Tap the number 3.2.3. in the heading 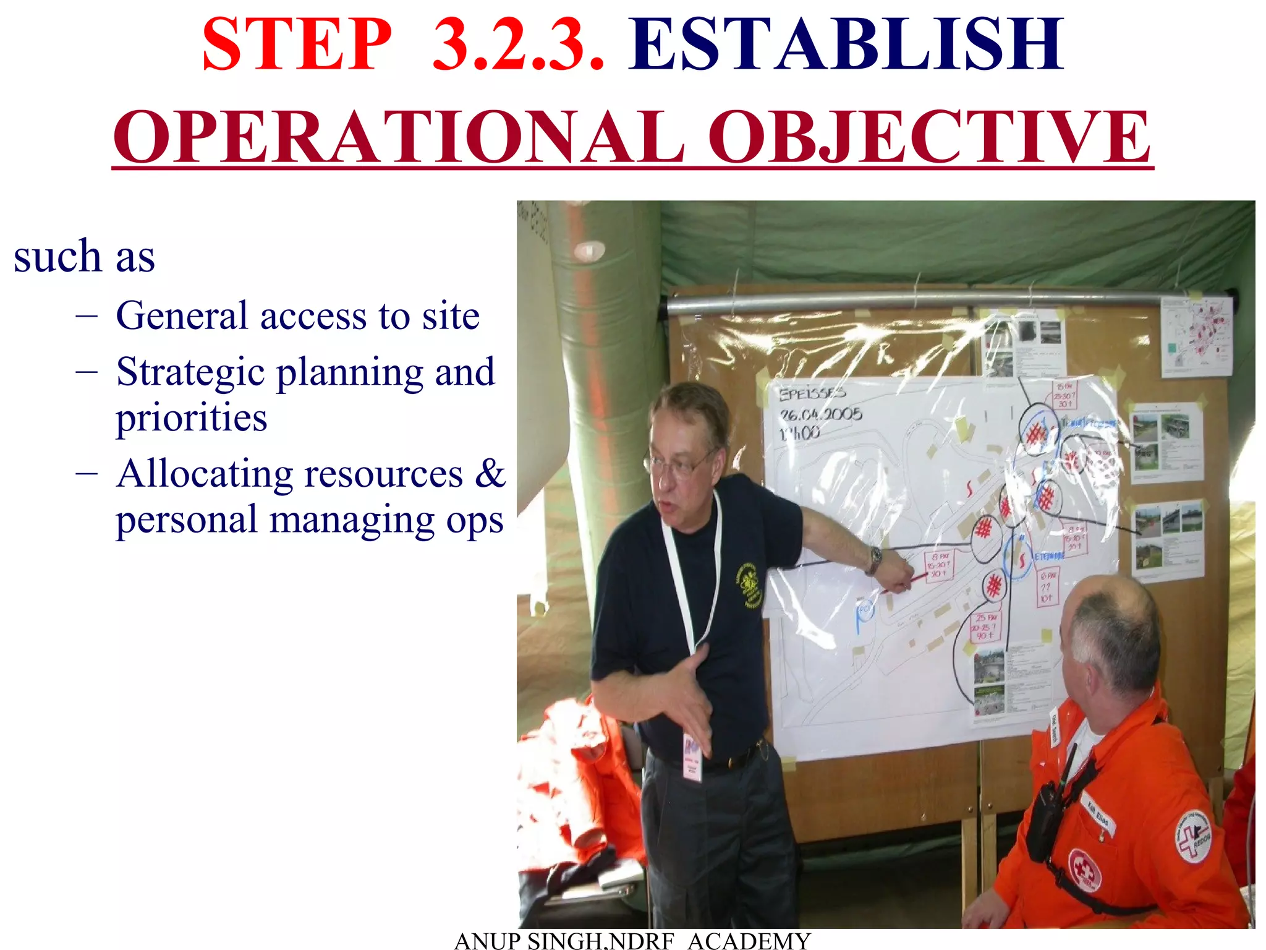click(518, 45)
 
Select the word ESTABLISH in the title click(846, 45)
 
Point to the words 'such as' click(84, 256)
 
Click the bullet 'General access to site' click(297, 316)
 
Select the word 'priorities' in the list click(192, 417)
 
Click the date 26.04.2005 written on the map click(820, 414)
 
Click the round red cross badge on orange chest click(1085, 870)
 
